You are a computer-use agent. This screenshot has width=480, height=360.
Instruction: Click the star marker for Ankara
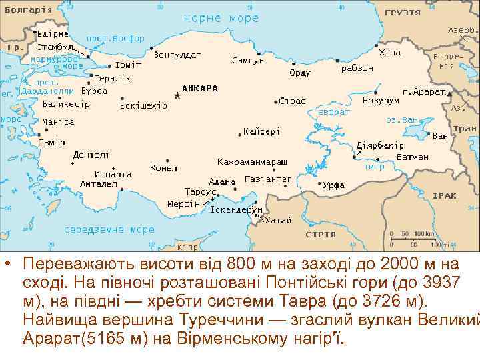177,96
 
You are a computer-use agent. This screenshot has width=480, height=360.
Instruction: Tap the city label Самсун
247,60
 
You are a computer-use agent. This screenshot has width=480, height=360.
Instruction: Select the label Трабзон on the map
354,68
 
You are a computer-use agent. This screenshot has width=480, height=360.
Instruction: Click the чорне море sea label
221,18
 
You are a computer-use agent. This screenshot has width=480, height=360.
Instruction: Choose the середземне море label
109,229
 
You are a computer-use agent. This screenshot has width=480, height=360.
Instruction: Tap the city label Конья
163,168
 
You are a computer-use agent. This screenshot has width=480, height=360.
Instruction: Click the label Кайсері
261,131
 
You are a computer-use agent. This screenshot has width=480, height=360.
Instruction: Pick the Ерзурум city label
380,101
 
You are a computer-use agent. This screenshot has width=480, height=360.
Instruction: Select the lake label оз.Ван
401,120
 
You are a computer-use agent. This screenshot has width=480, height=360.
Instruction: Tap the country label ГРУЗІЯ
403,12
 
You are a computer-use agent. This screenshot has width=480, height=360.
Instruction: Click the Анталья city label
98,183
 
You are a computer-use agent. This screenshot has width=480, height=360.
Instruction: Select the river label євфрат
333,112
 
